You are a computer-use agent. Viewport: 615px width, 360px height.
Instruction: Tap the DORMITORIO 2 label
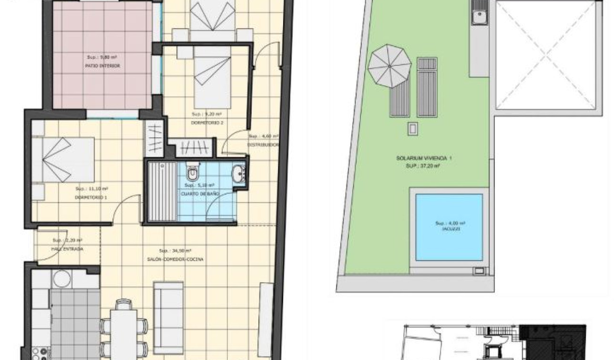(207, 123)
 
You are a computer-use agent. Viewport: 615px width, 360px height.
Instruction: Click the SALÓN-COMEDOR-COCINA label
(175, 259)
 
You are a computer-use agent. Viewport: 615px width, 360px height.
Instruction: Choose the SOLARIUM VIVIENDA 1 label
(424, 158)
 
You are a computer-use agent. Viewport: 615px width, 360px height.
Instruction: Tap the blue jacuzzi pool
(449, 225)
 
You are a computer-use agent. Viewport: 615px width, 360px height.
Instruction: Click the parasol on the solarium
(389, 66)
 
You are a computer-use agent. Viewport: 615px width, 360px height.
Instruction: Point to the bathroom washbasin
(238, 174)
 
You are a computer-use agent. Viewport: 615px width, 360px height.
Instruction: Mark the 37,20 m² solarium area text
(424, 166)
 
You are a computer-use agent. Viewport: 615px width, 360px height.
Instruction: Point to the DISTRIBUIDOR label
(263, 144)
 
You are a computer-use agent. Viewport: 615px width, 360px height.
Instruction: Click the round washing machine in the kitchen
(61, 278)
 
